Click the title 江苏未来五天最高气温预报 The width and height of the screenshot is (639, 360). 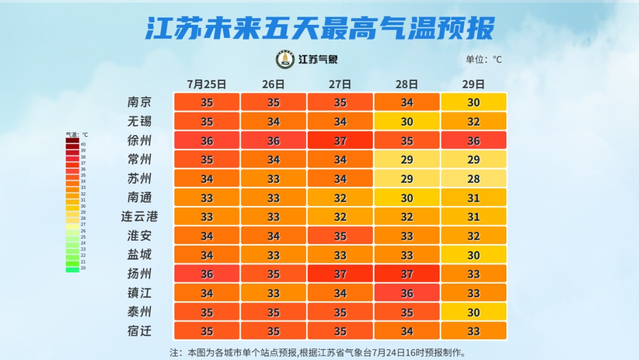pos(319,28)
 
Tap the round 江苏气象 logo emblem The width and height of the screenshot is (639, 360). pos(285,59)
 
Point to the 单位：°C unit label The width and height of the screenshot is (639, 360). pos(483,59)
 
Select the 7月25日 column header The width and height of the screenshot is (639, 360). pos(206,84)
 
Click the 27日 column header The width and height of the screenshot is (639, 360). pos(340,84)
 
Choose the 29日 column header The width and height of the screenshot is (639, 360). pos(473,84)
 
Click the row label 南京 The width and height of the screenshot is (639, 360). pos(140,102)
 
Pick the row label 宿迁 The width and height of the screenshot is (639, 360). pos(140,330)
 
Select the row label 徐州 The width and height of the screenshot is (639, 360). pos(140,140)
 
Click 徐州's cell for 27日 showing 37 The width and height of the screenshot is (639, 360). pos(340,140)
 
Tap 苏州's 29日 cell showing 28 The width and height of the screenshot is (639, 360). pos(473,178)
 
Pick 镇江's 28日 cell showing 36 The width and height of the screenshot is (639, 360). pos(406,292)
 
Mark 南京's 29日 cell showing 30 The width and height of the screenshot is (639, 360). pos(473,102)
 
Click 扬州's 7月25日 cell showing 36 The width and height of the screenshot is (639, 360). pos(206,274)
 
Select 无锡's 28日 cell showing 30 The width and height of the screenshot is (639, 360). pos(406,121)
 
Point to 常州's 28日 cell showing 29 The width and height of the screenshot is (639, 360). pos(406,159)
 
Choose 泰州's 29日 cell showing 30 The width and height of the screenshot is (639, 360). pos(473,311)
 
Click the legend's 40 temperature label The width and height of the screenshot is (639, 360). pos(83,144)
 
